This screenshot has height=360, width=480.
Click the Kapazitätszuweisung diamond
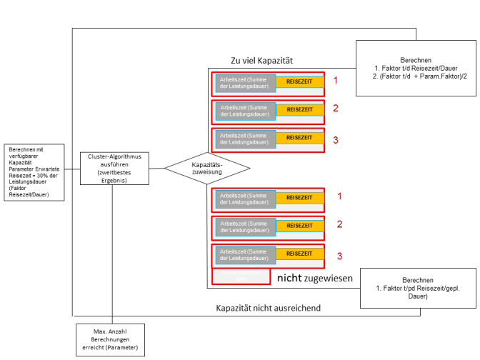tap(207, 169)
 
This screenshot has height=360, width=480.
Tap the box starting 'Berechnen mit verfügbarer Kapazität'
tap(36, 171)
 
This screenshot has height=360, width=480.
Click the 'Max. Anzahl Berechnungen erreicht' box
tap(110, 340)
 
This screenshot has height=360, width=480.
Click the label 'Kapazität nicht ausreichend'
tap(269, 308)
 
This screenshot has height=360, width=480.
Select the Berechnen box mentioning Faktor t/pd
tap(418, 288)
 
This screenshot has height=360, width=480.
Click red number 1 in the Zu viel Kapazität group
tap(335, 81)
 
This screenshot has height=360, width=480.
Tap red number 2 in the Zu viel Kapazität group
tap(335, 109)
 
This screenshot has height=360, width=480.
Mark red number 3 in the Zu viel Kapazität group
tap(335, 139)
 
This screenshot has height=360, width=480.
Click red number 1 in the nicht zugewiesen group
tap(340, 196)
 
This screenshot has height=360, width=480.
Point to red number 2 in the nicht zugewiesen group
tap(340, 224)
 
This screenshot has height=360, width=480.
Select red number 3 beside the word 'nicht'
tap(340, 255)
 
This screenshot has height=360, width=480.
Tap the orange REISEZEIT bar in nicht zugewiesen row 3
tap(299, 254)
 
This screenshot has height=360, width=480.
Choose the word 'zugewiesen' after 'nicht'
tap(329, 279)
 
